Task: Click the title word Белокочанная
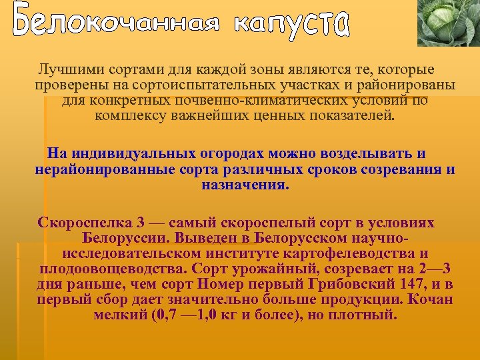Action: click(x=115, y=24)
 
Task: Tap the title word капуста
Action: click(x=292, y=24)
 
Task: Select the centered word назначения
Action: click(x=246, y=185)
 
